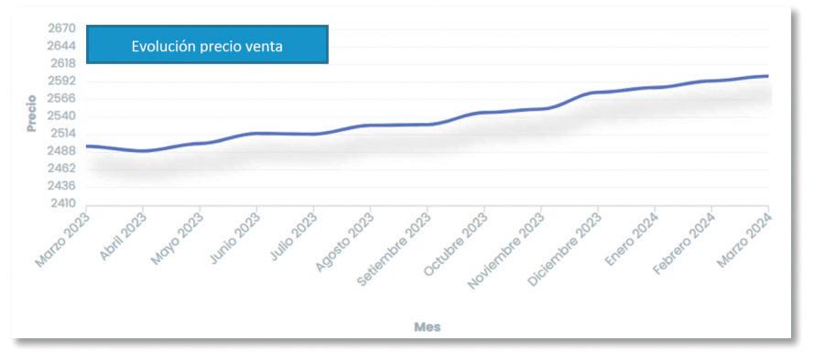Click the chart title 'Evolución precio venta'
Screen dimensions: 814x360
207,46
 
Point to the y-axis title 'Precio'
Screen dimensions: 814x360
32,114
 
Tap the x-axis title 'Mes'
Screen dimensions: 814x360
428,327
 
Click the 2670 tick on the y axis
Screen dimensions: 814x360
61,28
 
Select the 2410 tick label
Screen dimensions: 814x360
61,203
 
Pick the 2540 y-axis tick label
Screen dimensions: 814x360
61,115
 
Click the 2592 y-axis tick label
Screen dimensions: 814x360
61,81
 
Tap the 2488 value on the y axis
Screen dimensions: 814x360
61,151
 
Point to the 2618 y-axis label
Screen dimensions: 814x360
61,63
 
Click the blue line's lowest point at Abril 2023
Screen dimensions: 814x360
143,150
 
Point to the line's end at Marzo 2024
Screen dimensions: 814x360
768,76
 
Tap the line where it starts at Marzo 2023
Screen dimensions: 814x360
87,146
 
